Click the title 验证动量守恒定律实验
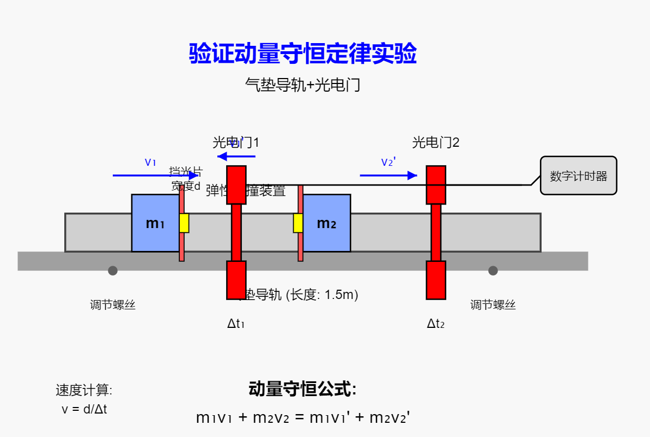point(303,54)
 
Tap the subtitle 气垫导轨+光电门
point(303,85)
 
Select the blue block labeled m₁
point(155,223)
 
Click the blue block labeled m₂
point(326,223)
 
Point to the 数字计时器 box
point(578,176)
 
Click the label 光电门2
point(436,143)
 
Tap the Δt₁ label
point(236,324)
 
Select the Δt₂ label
point(436,324)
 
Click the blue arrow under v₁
point(155,176)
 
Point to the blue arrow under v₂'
point(388,176)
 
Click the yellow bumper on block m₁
point(184,223)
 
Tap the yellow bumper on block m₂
point(298,223)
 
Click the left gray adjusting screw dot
point(113,271)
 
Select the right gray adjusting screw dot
point(493,271)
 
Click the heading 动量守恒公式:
point(303,390)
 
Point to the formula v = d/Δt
point(84,409)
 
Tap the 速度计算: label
point(84,390)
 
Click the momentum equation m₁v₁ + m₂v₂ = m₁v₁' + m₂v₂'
point(303,418)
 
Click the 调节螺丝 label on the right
point(493,305)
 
